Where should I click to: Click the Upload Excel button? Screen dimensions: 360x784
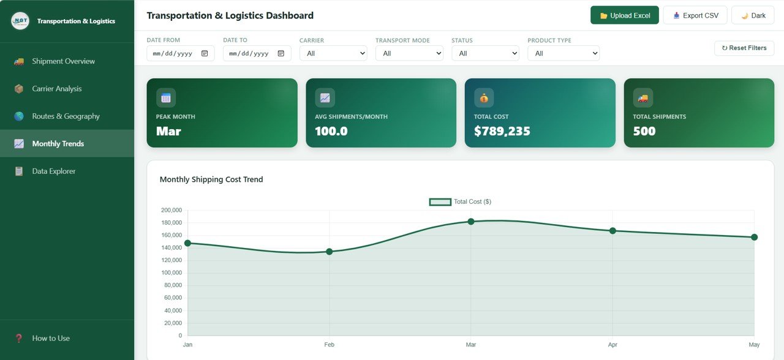click(624, 15)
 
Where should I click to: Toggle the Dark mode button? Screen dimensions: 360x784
click(753, 15)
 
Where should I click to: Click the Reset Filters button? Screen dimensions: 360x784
click(744, 48)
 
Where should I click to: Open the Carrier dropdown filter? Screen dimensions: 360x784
click(333, 53)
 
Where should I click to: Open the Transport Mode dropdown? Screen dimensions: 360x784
click(409, 53)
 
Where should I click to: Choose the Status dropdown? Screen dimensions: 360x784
click(485, 53)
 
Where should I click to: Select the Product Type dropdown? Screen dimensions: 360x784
click(563, 53)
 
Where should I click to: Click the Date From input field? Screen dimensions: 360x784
click(173, 53)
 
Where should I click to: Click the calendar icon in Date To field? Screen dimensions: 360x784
click(281, 53)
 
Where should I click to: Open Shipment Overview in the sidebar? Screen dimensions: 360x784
click(63, 61)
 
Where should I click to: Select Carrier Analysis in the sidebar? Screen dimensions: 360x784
click(56, 89)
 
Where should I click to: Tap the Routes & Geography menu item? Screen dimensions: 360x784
click(66, 116)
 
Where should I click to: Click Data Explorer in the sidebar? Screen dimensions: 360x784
click(54, 171)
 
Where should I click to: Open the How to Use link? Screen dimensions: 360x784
click(51, 338)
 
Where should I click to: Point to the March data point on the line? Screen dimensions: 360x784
click(471, 222)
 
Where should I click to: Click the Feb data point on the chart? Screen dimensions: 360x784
click(330, 252)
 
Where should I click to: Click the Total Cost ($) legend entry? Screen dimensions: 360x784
click(461, 202)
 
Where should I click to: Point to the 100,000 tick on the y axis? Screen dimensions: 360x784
click(171, 273)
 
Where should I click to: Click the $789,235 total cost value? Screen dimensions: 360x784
click(502, 131)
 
